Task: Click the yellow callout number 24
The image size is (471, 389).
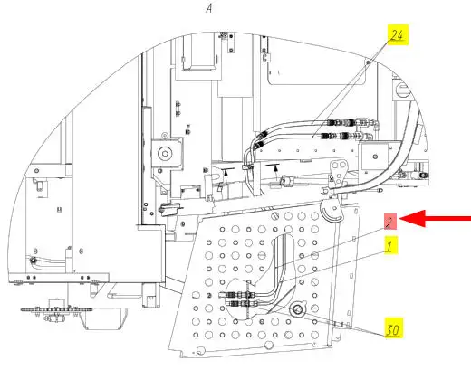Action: point(398,35)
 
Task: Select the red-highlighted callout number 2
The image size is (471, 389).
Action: point(390,222)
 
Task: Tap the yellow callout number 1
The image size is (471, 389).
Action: point(390,245)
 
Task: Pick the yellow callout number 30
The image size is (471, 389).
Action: point(393,327)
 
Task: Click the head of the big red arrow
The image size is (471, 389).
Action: point(412,219)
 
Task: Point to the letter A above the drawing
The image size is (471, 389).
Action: point(209,8)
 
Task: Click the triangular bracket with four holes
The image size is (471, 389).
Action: point(338,173)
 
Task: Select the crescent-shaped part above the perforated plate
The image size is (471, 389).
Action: point(331,212)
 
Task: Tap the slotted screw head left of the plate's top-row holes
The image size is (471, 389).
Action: point(274,216)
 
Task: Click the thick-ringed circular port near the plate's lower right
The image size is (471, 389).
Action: point(297,309)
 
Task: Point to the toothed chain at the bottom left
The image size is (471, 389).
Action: point(56,309)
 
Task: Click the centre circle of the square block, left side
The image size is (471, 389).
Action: point(165,154)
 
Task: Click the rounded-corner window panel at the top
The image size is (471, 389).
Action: point(317,61)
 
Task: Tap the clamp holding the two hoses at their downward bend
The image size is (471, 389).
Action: point(247,166)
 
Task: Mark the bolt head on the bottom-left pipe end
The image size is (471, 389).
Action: point(34,260)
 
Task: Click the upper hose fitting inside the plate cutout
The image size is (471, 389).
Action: point(237,294)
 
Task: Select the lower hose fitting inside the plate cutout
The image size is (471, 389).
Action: point(243,303)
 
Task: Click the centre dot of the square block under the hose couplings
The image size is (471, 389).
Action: point(375,157)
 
